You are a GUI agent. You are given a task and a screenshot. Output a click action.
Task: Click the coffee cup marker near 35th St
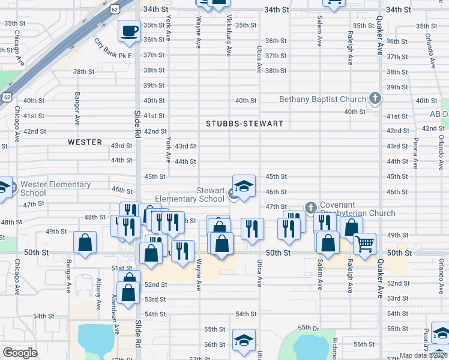(129, 31)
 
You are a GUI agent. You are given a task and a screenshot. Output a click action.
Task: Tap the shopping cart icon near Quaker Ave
(364, 244)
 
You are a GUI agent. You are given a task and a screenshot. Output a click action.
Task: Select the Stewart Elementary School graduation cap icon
(244, 187)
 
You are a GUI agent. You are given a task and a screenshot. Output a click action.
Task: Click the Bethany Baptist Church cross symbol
(375, 98)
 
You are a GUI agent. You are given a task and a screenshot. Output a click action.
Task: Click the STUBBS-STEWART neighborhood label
(244, 124)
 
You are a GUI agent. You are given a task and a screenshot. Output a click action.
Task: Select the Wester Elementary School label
(55, 188)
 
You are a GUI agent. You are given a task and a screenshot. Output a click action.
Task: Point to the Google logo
(20, 353)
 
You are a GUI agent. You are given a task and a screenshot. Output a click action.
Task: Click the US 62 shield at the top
(115, 7)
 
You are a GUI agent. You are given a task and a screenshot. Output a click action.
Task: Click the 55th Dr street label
(312, 328)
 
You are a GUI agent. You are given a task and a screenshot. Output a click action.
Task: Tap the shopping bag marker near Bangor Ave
(85, 243)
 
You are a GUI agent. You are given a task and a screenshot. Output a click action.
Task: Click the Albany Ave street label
(98, 293)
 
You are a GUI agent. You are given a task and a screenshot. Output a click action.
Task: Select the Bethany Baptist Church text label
(323, 99)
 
